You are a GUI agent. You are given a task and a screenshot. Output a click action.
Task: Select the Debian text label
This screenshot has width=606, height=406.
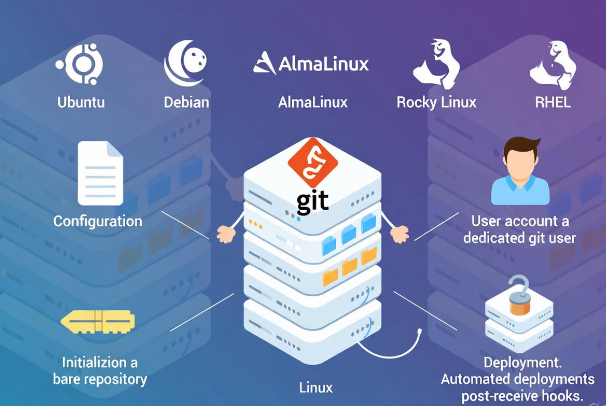(x=186, y=102)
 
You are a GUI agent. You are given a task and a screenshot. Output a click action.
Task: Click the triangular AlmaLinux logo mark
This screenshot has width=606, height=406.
(x=264, y=63)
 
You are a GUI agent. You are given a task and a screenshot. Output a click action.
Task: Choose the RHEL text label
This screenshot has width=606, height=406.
(x=553, y=102)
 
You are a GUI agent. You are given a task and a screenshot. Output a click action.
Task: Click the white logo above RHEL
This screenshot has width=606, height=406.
(x=553, y=65)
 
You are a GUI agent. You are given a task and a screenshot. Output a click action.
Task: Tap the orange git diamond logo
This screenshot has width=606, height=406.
(x=312, y=162)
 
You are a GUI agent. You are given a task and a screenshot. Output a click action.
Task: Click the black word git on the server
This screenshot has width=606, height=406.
(x=312, y=201)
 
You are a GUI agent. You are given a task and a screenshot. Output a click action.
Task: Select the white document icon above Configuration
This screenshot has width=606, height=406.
(x=100, y=173)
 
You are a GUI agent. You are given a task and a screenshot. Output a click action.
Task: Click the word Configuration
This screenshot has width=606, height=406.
(x=98, y=221)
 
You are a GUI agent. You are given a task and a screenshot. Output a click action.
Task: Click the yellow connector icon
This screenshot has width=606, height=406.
(x=98, y=322)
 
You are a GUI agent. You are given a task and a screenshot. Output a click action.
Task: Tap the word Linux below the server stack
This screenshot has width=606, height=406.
(x=316, y=387)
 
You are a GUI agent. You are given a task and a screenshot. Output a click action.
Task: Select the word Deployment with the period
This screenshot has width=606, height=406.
(x=522, y=362)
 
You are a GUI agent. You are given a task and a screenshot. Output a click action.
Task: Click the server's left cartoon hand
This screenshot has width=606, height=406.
(x=226, y=234)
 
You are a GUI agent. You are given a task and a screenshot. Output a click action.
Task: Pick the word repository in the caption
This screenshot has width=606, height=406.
(x=115, y=379)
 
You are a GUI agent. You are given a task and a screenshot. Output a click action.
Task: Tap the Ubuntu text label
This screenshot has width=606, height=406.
(x=81, y=102)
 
